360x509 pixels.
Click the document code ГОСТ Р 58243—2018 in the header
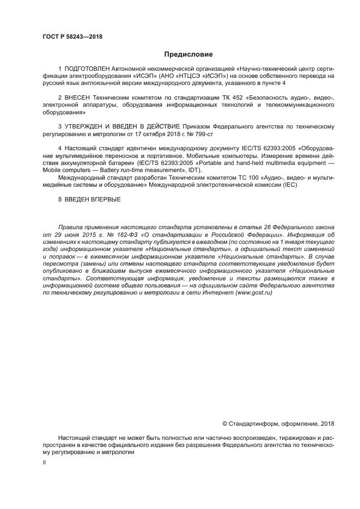[72, 37]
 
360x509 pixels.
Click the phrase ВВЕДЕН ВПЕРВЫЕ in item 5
[92, 199]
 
